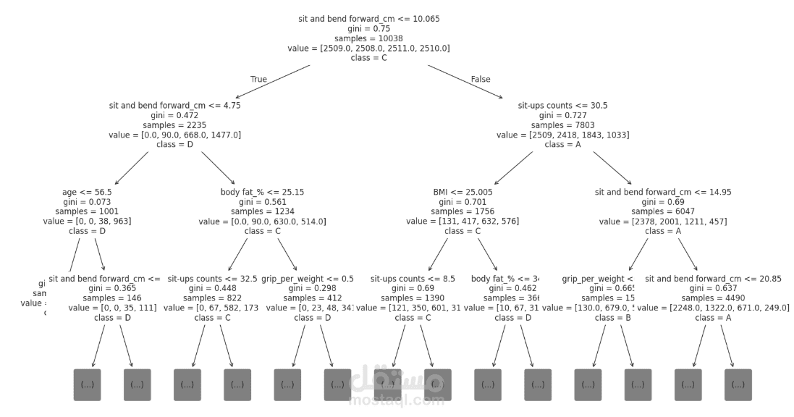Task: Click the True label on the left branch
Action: pyautogui.click(x=258, y=79)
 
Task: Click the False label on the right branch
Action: pyautogui.click(x=481, y=79)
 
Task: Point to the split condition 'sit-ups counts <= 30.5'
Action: pyautogui.click(x=562, y=105)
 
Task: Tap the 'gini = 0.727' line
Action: pyautogui.click(x=562, y=115)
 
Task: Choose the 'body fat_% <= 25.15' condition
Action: pyautogui.click(x=262, y=192)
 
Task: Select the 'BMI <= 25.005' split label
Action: pyautogui.click(x=463, y=192)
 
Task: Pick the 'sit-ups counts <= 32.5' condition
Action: pyautogui.click(x=212, y=278)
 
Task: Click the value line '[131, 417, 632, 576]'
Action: pyautogui.click(x=463, y=221)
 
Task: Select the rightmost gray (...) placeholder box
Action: pyautogui.click(x=738, y=384)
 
